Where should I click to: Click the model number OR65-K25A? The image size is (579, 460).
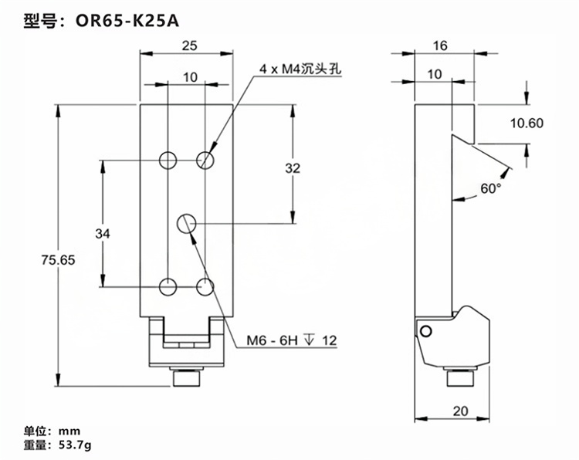pyautogui.click(x=127, y=21)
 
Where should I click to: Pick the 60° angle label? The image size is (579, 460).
pyautogui.click(x=491, y=188)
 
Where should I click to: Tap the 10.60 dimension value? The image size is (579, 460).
pyautogui.click(x=527, y=123)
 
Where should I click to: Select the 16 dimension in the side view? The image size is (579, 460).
pyautogui.click(x=440, y=46)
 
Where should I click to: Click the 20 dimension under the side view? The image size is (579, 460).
pyautogui.click(x=460, y=411)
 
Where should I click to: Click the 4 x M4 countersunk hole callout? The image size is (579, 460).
pyautogui.click(x=301, y=69)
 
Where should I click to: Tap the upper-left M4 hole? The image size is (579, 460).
pyautogui.click(x=168, y=160)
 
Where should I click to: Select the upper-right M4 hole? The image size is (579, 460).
pyautogui.click(x=205, y=160)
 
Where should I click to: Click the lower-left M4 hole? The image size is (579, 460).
pyautogui.click(x=168, y=287)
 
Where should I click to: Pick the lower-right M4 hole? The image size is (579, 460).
pyautogui.click(x=205, y=287)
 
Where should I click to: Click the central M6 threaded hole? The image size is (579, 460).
pyautogui.click(x=187, y=223)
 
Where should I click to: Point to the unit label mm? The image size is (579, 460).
pyautogui.click(x=69, y=430)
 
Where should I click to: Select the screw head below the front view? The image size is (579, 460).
pyautogui.click(x=187, y=379)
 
